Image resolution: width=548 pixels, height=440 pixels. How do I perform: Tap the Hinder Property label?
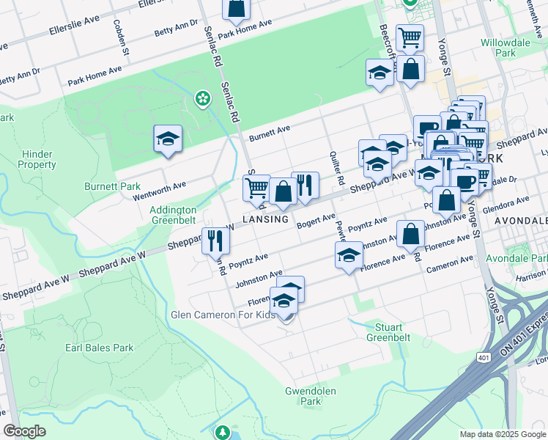[x=37, y=159]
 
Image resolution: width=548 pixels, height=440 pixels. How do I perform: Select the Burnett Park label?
[x=112, y=186]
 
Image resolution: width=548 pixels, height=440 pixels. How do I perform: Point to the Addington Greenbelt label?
[x=174, y=214]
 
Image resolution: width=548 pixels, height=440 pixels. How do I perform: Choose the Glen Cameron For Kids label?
[x=223, y=315]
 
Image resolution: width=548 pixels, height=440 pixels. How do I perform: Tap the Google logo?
[x=25, y=430]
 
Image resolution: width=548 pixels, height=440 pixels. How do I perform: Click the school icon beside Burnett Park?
[x=167, y=139]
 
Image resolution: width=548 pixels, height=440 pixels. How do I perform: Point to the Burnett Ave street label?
[x=270, y=132]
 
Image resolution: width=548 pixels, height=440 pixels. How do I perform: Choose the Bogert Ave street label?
[x=316, y=220]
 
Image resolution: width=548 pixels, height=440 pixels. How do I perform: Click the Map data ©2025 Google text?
[x=501, y=434]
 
